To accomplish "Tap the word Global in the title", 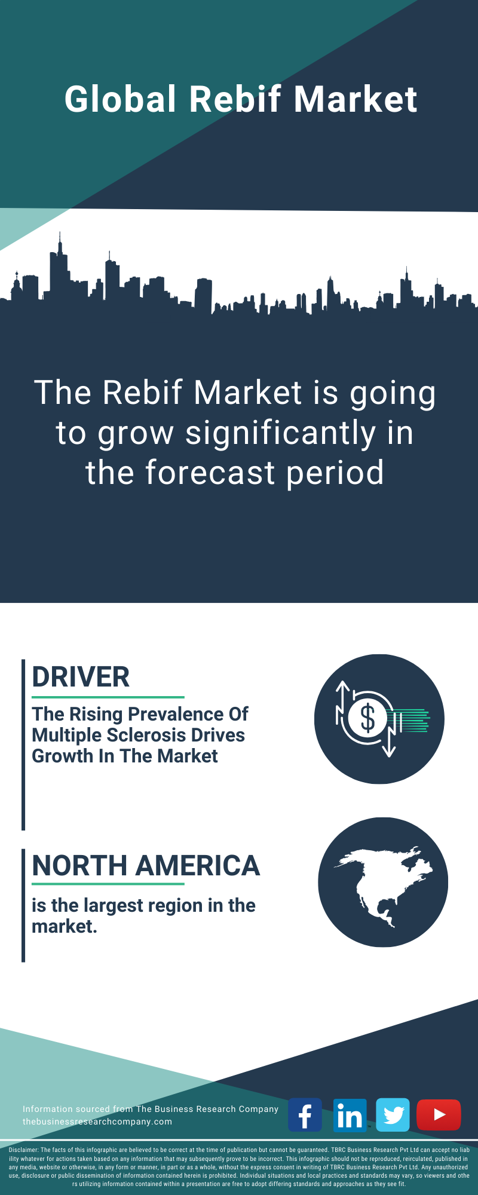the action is [x=121, y=99].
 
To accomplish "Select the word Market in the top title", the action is [x=356, y=99].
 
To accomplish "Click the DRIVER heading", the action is [x=81, y=677].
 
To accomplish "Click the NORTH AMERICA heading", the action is [x=146, y=866].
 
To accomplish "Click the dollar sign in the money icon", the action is [x=367, y=718].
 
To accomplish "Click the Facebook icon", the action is [x=305, y=1115].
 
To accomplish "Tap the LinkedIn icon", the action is [x=350, y=1115].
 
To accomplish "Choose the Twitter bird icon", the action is [x=393, y=1115].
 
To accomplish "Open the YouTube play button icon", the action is [x=439, y=1115].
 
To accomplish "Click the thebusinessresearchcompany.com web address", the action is [x=97, y=1122].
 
